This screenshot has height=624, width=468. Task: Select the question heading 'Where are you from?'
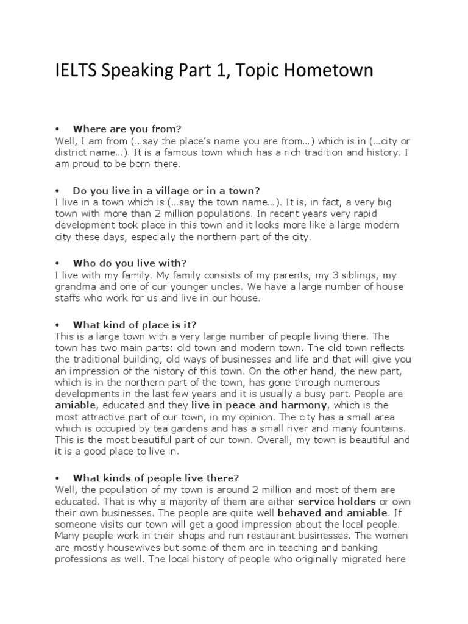(127, 129)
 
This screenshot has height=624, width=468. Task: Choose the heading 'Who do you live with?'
(129, 263)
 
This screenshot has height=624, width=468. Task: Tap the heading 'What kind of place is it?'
(134, 325)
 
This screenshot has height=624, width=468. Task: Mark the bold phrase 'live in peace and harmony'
(259, 405)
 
